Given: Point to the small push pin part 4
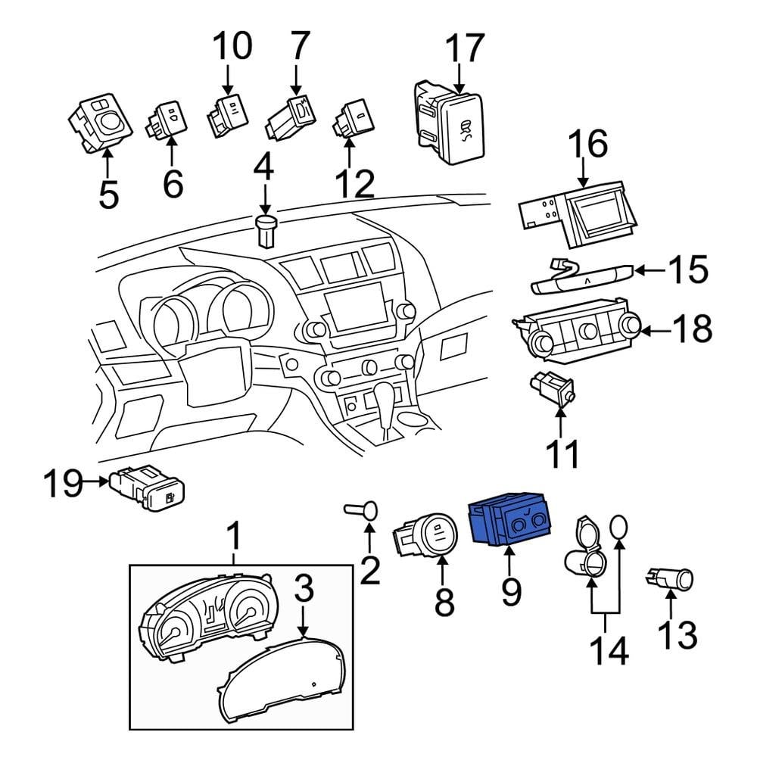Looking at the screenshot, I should [x=265, y=230].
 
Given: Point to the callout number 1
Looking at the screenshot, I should [x=234, y=537].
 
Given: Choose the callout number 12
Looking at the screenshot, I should [x=354, y=183].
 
